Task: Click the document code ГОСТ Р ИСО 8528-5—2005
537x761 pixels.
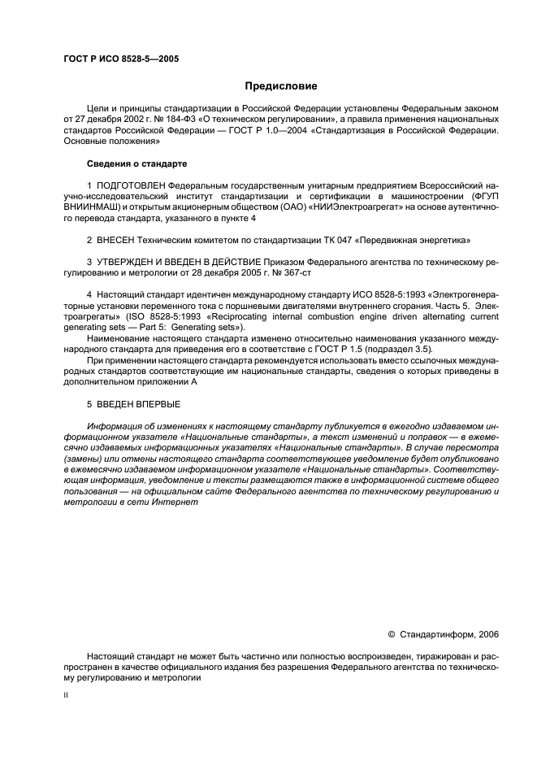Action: point(121,59)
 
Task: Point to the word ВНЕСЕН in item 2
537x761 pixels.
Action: point(114,241)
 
